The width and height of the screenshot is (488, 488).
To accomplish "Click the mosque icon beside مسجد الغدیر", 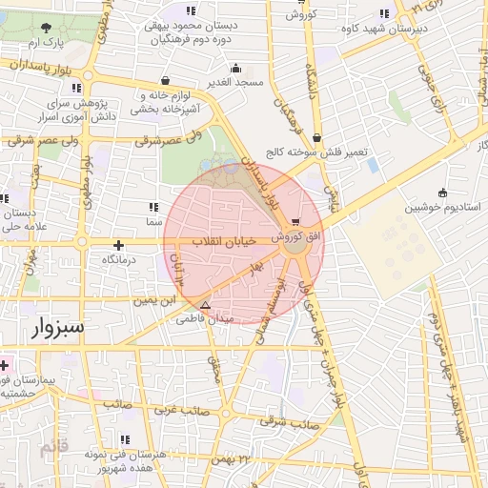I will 236,68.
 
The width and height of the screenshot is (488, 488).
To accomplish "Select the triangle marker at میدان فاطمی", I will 204,305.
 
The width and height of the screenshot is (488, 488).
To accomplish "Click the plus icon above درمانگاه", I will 118,244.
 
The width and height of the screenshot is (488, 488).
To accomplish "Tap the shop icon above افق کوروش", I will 306,221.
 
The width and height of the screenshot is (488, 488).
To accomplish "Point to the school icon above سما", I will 153,206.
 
